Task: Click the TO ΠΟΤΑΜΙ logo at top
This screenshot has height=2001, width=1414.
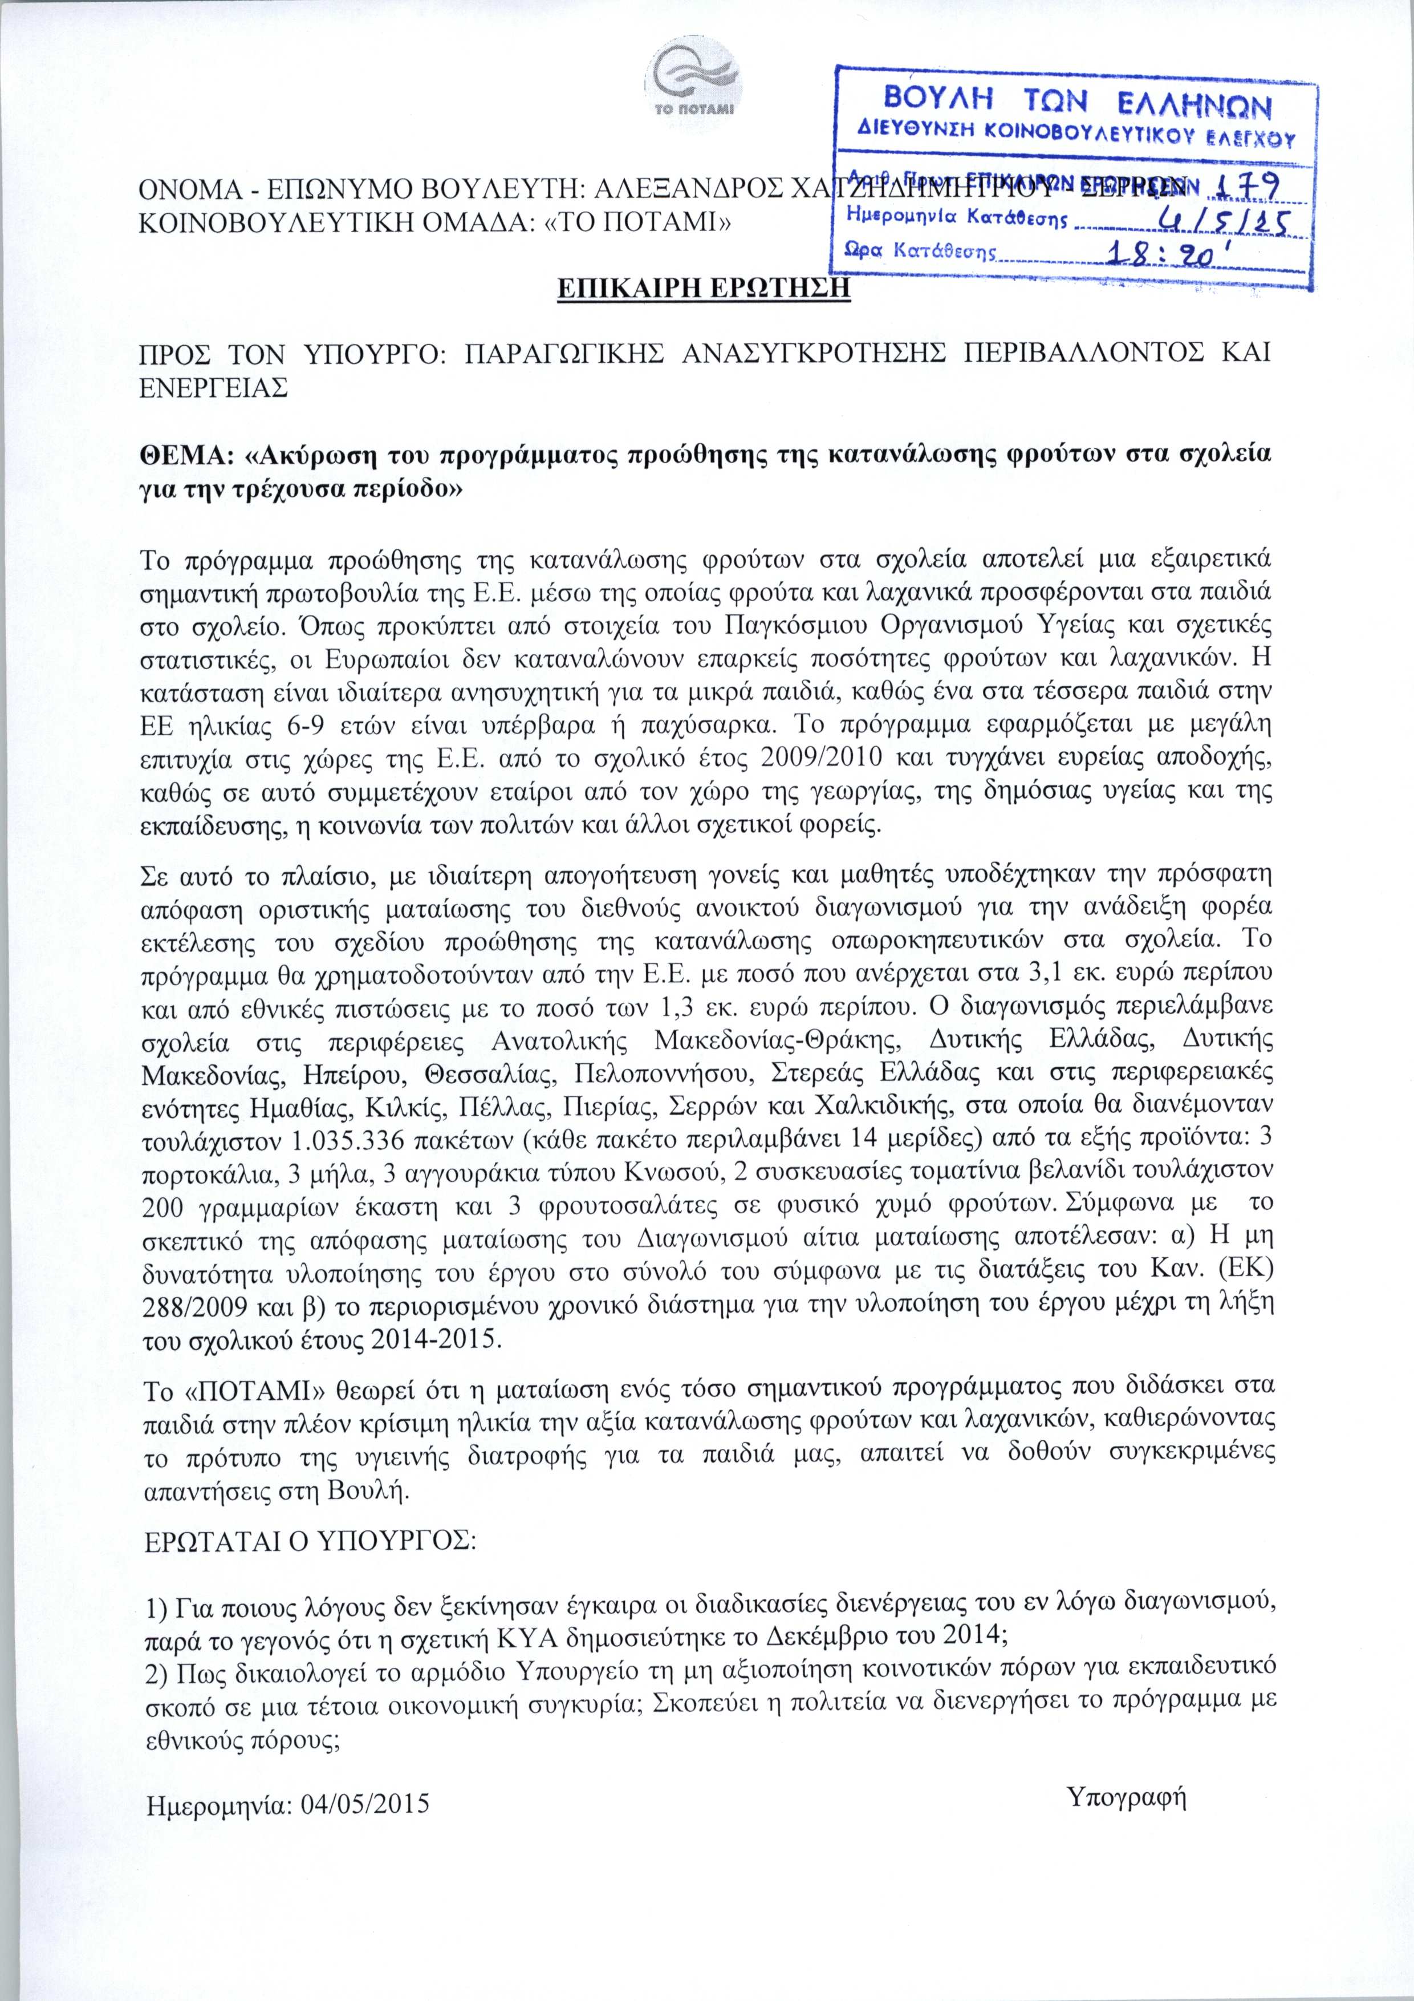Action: [x=695, y=82]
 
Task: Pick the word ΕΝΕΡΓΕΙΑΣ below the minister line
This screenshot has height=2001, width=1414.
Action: [x=214, y=388]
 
